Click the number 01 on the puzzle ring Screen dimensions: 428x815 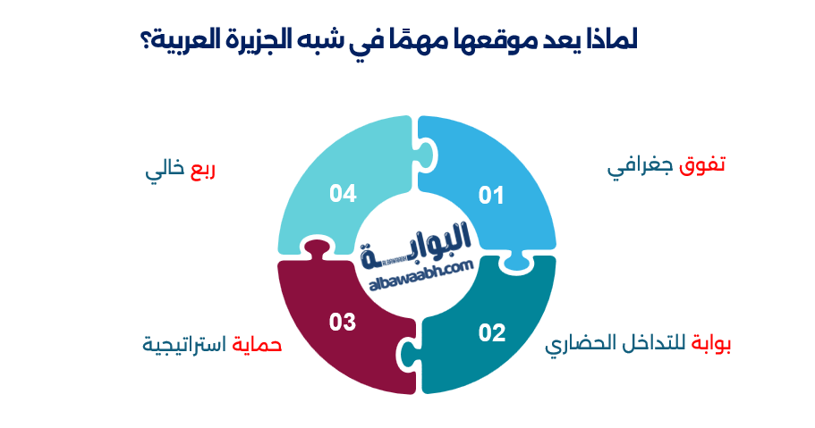[x=491, y=195]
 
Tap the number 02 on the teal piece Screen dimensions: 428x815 [x=492, y=333]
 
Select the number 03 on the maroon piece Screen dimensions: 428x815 [x=343, y=322]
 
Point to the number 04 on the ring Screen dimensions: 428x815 [x=344, y=192]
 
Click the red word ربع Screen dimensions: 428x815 [x=203, y=169]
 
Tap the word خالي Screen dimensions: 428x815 [x=165, y=169]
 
